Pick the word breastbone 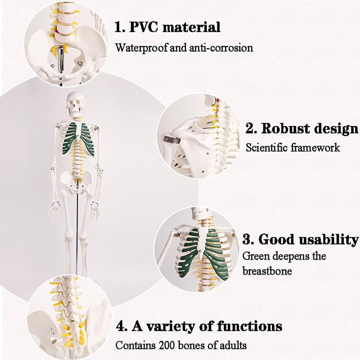(267, 271)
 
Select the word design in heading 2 (334, 128)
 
